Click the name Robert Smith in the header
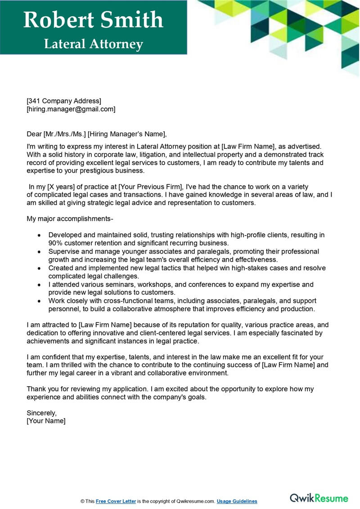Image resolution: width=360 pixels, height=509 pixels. click(93, 20)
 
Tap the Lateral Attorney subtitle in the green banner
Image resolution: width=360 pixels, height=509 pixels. click(93, 44)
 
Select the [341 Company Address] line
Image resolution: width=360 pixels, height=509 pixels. click(64, 101)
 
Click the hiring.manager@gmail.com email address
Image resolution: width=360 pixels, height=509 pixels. click(71, 109)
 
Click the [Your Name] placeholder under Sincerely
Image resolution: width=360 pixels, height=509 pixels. click(46, 421)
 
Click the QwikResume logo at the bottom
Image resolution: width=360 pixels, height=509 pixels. click(319, 498)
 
